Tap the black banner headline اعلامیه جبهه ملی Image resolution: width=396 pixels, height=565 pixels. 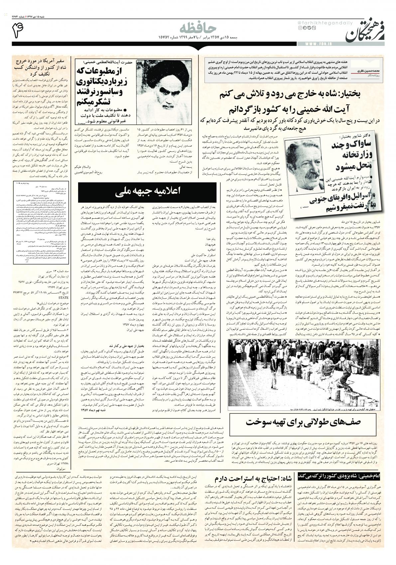[x=149, y=191]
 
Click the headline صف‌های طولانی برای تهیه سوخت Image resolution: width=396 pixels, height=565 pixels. [x=304, y=421]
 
